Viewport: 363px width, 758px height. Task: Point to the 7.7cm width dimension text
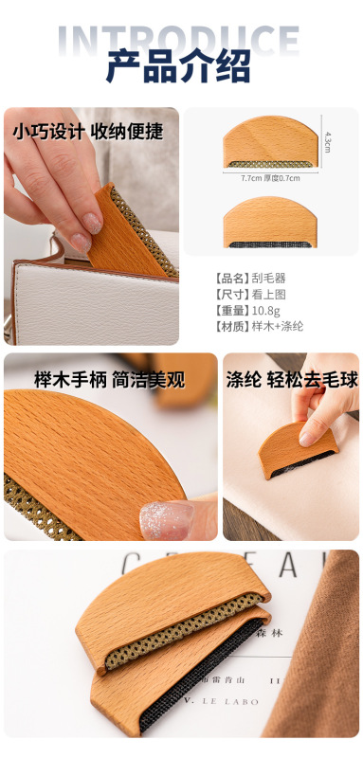coord(251,177)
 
